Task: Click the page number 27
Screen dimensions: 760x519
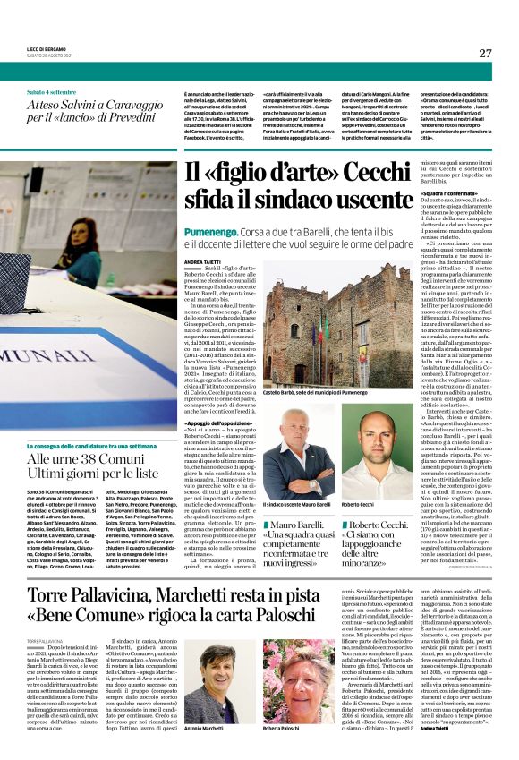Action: coord(484,53)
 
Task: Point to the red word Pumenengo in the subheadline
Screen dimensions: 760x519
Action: coord(210,231)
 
